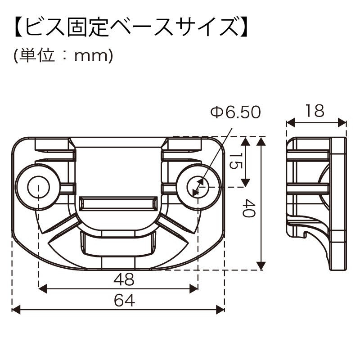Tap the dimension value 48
coord(124,279)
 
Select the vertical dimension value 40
coord(249,208)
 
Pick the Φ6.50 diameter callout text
coord(235,112)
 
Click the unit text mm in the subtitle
coord(91,56)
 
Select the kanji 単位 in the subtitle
coord(37,55)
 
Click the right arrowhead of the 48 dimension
coord(193,288)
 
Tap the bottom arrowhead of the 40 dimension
coord(261,266)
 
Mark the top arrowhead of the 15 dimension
coord(246,141)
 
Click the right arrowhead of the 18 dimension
coord(342,122)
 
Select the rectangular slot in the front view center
coord(118,203)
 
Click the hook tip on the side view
coord(305,234)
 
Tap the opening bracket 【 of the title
coord(19,27)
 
